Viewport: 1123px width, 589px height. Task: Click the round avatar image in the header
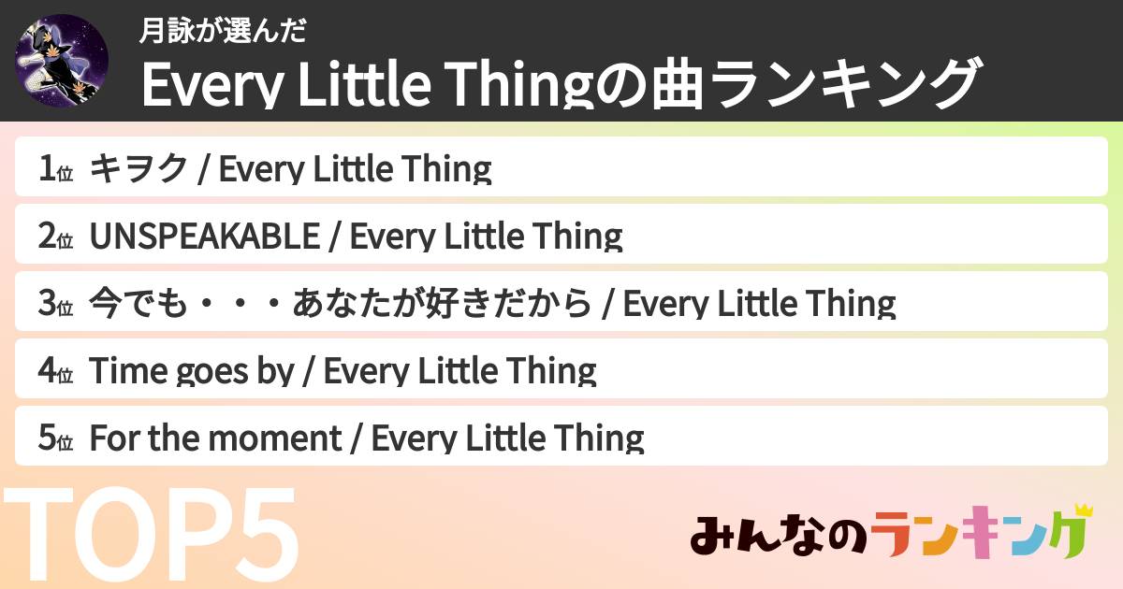(x=62, y=61)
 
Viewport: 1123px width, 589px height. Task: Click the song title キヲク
(x=139, y=169)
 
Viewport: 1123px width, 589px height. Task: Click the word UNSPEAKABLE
(x=204, y=237)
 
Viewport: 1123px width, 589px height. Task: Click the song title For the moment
(x=215, y=438)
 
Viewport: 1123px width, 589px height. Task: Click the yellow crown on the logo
(x=1084, y=511)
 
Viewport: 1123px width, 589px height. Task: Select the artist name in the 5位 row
(x=508, y=438)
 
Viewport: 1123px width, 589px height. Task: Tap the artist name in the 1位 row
(x=355, y=169)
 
